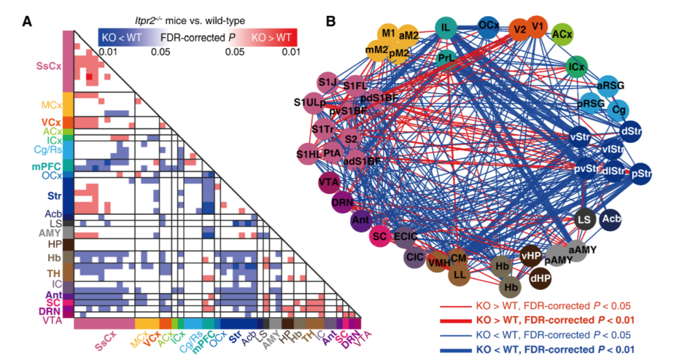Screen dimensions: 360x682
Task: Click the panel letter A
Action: pyautogui.click(x=27, y=21)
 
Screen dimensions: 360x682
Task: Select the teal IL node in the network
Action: pyautogui.click(x=446, y=27)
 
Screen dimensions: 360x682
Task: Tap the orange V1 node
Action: pyautogui.click(x=538, y=27)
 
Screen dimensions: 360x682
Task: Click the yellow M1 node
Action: pyautogui.click(x=388, y=33)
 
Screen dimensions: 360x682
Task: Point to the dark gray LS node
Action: pyautogui.click(x=584, y=219)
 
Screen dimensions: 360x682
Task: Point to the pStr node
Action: pyautogui.click(x=643, y=174)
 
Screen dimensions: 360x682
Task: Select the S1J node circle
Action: pyautogui.click(x=326, y=82)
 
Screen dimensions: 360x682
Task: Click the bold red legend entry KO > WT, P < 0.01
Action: pyautogui.click(x=554, y=320)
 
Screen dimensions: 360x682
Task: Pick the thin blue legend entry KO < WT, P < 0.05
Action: pyautogui.click(x=554, y=335)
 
